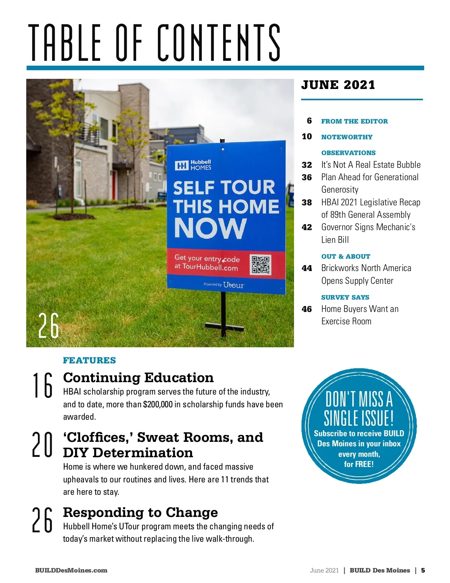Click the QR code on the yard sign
(x=261, y=265)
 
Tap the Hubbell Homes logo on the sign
(x=193, y=165)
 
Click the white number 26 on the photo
(x=49, y=326)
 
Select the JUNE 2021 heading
(x=338, y=85)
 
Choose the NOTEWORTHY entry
(x=347, y=137)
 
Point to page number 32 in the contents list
(x=307, y=165)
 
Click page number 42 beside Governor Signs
(x=307, y=227)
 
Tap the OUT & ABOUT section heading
(x=346, y=256)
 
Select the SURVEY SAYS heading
(x=345, y=297)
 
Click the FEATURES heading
(x=89, y=360)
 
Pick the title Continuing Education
(x=138, y=378)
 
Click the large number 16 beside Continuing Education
(x=42, y=385)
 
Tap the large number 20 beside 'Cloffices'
(x=42, y=444)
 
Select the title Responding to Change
(x=140, y=512)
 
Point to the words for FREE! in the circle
(x=359, y=464)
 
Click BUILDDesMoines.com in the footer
(x=71, y=570)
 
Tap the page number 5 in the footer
(x=423, y=570)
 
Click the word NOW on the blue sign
(x=210, y=228)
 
